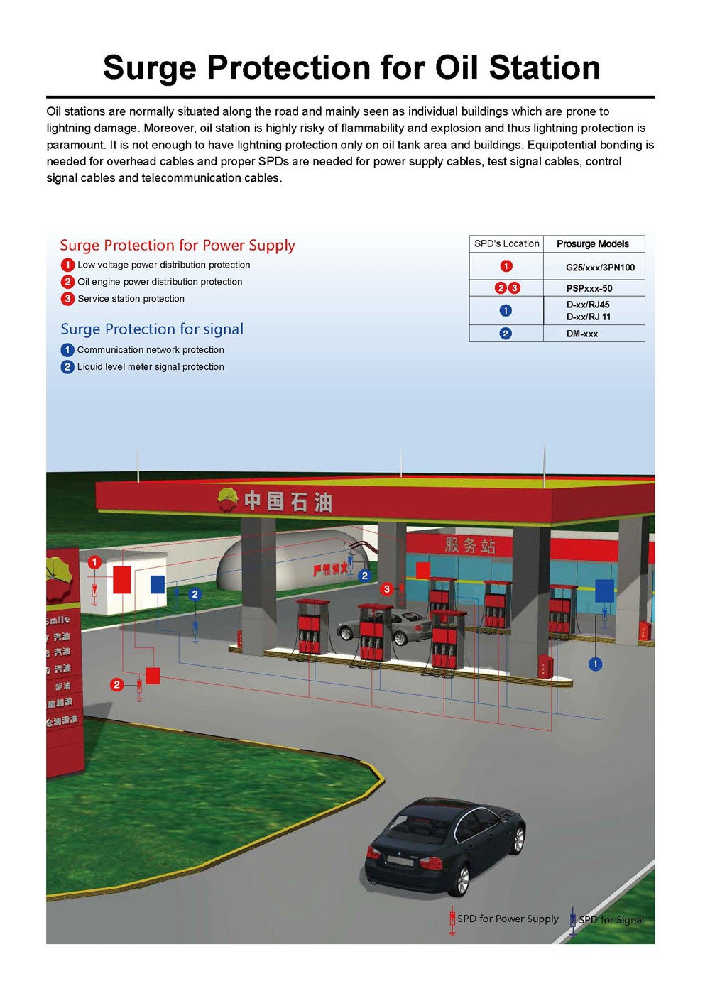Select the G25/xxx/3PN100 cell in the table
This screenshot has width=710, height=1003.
pyautogui.click(x=599, y=268)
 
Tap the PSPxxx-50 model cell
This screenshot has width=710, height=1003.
pyautogui.click(x=589, y=288)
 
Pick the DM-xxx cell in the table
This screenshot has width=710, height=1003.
pyautogui.click(x=581, y=334)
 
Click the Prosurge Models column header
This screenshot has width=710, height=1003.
pyautogui.click(x=592, y=244)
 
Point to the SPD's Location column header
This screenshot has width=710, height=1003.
pyautogui.click(x=506, y=243)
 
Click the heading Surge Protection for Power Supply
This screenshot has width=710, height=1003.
pyautogui.click(x=177, y=246)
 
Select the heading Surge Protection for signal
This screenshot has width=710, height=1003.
pyautogui.click(x=152, y=329)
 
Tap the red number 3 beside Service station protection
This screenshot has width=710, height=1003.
pyautogui.click(x=67, y=299)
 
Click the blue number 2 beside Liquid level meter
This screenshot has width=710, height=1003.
pyautogui.click(x=67, y=367)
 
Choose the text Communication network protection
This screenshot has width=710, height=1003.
pyautogui.click(x=151, y=350)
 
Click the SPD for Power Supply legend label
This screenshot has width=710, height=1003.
pyautogui.click(x=508, y=919)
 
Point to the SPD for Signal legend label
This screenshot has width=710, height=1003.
pyautogui.click(x=611, y=920)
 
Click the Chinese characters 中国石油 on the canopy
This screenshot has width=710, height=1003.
pyautogui.click(x=288, y=502)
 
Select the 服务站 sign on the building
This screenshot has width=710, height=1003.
pyautogui.click(x=469, y=545)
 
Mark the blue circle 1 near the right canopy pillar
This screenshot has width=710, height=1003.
pyautogui.click(x=595, y=664)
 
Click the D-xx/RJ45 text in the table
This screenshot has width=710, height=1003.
pyautogui.click(x=588, y=305)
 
